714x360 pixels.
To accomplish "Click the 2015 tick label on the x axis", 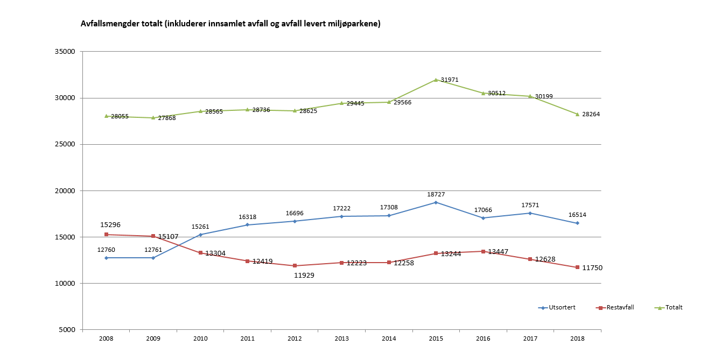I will (x=436, y=338).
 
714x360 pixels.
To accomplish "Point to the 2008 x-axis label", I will (x=106, y=338).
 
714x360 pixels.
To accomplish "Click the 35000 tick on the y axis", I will (x=65, y=52).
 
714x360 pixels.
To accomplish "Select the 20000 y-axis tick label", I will (x=65, y=190).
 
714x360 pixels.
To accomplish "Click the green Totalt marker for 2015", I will (x=436, y=80).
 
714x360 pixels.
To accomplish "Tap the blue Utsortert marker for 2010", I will (x=200, y=235).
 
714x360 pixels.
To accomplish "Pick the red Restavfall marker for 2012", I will (x=295, y=265).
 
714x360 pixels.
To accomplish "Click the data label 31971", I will (x=450, y=80).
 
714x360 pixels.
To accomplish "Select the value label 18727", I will (x=436, y=194).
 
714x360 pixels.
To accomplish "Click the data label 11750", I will (x=592, y=268).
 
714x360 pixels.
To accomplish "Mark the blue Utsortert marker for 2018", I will (x=577, y=223).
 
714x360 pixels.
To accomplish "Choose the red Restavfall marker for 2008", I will (x=106, y=235).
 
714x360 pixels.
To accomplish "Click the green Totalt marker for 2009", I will (x=153, y=118).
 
